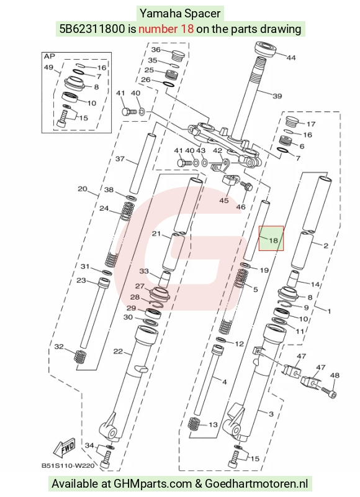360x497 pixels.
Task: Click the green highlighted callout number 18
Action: pos(273,240)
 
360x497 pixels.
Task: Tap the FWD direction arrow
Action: pos(65,447)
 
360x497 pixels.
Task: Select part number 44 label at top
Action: pos(291,57)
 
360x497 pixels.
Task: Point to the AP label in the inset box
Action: pos(50,57)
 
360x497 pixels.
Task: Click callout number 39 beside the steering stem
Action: pos(277,96)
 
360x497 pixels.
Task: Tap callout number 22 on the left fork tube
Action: pos(118,351)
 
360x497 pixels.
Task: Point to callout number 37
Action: pos(120,158)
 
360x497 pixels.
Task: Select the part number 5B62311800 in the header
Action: pos(92,29)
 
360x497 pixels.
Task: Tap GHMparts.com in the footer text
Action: pos(153,484)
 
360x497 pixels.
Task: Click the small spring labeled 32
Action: pos(79,357)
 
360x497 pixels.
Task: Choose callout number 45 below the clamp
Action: pos(224,200)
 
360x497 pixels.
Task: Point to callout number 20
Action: pos(83,189)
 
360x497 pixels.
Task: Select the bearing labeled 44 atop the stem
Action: pos(266,48)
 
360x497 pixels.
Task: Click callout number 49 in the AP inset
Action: pos(48,67)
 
